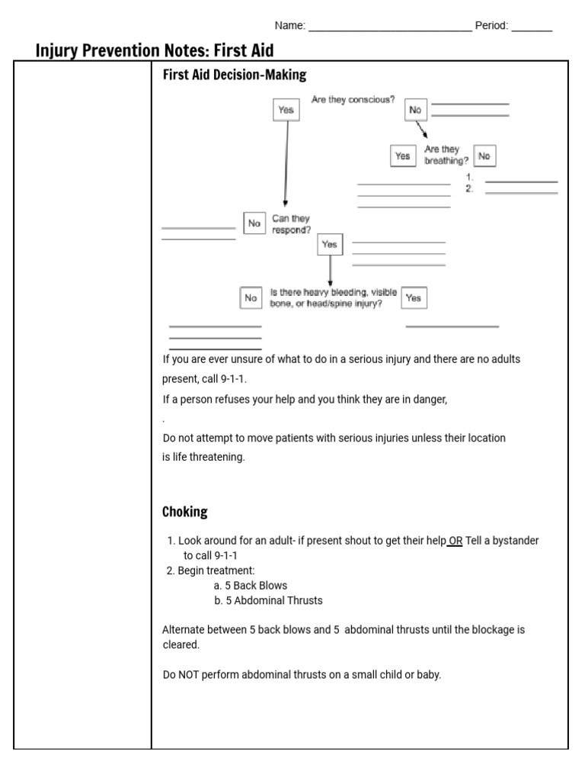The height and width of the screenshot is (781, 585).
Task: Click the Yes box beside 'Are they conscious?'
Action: (x=286, y=110)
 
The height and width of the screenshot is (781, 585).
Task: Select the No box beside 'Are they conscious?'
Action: (x=415, y=110)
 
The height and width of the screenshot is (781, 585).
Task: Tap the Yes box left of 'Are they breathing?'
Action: (x=402, y=156)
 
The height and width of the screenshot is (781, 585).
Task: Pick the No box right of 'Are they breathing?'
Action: (x=484, y=156)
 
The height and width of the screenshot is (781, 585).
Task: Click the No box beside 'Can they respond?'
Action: (x=254, y=223)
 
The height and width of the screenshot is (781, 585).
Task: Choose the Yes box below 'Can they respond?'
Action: (x=329, y=244)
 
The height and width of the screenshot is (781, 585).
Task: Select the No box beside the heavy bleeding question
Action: (x=250, y=298)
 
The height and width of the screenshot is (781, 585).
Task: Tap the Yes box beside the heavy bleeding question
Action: (x=414, y=298)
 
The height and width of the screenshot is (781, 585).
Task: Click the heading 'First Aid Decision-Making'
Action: (x=235, y=75)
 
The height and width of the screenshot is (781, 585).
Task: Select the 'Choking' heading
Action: (x=184, y=512)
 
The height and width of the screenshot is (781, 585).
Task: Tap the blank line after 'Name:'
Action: (x=389, y=30)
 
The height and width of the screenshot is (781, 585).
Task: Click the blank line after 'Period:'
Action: (x=532, y=30)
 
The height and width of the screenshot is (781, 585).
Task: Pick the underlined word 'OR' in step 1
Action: (x=455, y=541)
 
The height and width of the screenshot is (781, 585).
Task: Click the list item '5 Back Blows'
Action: (x=251, y=586)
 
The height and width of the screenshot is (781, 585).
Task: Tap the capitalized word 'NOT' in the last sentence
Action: (x=187, y=675)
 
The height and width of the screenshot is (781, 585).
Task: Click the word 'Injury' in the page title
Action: (x=60, y=50)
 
